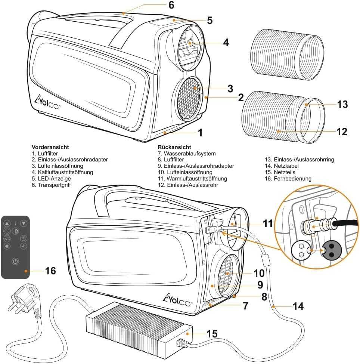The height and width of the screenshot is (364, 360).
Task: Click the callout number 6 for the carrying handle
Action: (171, 5)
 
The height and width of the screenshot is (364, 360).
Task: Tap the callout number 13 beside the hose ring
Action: (342, 105)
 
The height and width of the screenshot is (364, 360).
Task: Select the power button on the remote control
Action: (15, 261)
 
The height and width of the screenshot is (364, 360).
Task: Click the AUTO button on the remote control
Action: (7, 238)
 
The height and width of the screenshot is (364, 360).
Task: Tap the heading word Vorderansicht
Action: (50, 147)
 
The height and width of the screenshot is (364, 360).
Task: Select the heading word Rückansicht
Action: (174, 147)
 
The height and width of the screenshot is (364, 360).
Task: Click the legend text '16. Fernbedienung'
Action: (288, 179)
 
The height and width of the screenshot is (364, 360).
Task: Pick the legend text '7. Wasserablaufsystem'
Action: (186, 154)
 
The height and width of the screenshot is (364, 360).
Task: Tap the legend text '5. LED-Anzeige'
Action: (51, 179)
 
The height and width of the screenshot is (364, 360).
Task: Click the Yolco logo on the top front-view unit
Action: (47, 102)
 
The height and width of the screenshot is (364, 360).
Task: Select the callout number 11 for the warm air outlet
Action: (267, 223)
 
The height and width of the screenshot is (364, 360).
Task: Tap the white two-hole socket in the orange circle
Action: (301, 250)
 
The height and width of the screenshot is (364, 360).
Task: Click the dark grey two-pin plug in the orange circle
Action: (331, 250)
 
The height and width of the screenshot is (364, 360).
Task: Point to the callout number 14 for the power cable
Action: (298, 306)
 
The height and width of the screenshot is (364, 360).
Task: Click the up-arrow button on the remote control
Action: (7, 223)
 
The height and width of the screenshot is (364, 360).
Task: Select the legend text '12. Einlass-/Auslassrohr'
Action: (187, 185)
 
